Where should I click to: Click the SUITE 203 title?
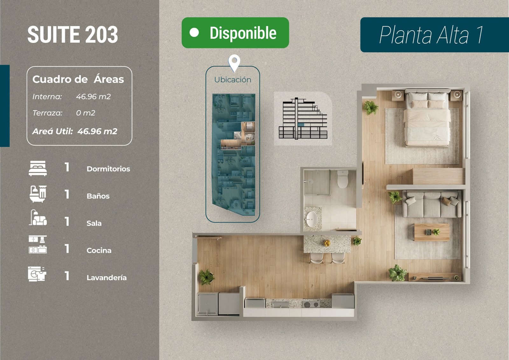point(73,35)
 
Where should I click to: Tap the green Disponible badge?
point(235,33)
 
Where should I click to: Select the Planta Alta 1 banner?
point(434,35)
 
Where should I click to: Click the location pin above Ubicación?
point(234,62)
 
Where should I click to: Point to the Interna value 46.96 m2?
point(93,97)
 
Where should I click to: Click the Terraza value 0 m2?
point(85,113)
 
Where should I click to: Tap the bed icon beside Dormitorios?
point(38,168)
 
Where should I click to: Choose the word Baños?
point(98,196)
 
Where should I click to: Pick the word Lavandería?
point(107,278)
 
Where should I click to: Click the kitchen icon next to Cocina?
point(38,245)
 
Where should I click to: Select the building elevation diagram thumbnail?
point(303,119)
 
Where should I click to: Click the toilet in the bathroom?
point(343,179)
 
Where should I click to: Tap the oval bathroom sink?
point(312,219)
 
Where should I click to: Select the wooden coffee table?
point(432,232)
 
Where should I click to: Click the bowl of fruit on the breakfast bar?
point(327,243)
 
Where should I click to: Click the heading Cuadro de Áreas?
point(78,79)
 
